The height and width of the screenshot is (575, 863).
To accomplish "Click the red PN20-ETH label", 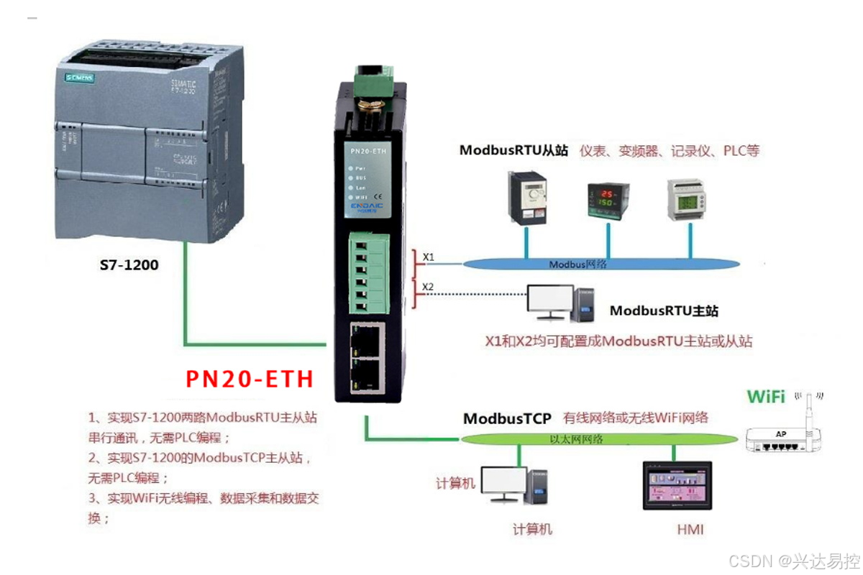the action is click(250, 379).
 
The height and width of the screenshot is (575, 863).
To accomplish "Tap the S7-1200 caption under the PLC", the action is click(129, 265).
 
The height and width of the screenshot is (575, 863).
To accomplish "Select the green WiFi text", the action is click(766, 396).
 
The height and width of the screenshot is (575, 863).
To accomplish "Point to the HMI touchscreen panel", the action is click(676, 486).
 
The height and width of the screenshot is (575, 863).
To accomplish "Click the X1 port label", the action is click(428, 257).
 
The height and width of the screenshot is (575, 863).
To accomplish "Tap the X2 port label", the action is click(428, 287).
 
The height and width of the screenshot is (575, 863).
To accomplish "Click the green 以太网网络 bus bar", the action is click(597, 439).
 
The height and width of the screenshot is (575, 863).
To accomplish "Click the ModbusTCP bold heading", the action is click(507, 418).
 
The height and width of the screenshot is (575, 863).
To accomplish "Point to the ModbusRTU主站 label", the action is click(664, 311).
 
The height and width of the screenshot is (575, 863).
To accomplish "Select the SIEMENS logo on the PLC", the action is click(79, 76).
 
